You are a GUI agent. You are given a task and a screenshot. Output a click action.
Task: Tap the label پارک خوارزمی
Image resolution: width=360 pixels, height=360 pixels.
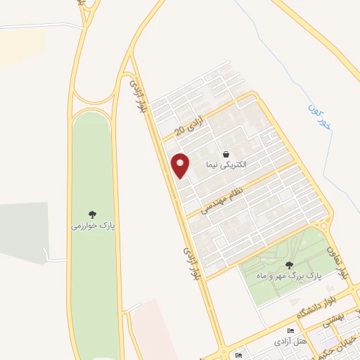(x=92, y=226)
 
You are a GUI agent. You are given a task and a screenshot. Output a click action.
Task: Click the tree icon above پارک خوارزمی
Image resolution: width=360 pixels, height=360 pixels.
(x=92, y=214)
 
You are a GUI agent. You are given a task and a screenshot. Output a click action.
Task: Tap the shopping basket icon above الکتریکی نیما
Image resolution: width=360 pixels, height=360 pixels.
(x=226, y=153)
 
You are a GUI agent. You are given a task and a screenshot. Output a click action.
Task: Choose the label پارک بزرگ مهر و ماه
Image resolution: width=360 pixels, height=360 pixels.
(x=289, y=276)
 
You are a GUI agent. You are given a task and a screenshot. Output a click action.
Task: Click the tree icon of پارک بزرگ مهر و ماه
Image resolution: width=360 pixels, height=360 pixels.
(x=289, y=265)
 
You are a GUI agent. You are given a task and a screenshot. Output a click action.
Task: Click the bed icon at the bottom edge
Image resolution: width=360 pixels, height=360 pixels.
(x=239, y=356)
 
